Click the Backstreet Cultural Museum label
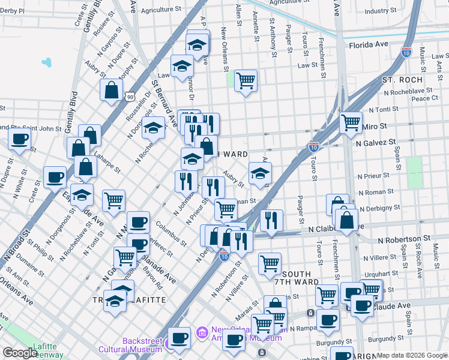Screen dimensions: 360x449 pyautogui.click(x=142, y=345)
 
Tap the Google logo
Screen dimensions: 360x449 pyautogui.click(x=20, y=353)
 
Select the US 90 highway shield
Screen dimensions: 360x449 pyautogui.click(x=130, y=96)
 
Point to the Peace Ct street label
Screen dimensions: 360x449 pyautogui.click(x=424, y=98)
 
